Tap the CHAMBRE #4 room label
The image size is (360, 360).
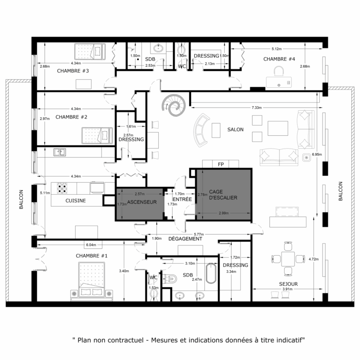coord(279,59)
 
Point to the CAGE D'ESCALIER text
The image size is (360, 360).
coord(223,194)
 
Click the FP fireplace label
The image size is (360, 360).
coord(220,164)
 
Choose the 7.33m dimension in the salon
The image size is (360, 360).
coord(257,108)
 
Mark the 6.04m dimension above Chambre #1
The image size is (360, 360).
coord(90,245)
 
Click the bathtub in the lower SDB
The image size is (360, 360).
coord(211,273)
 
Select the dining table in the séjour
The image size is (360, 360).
coord(288,258)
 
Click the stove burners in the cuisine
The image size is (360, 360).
coord(62,187)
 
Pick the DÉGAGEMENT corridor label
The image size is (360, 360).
coord(185,239)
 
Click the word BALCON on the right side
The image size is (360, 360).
coord(341,191)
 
